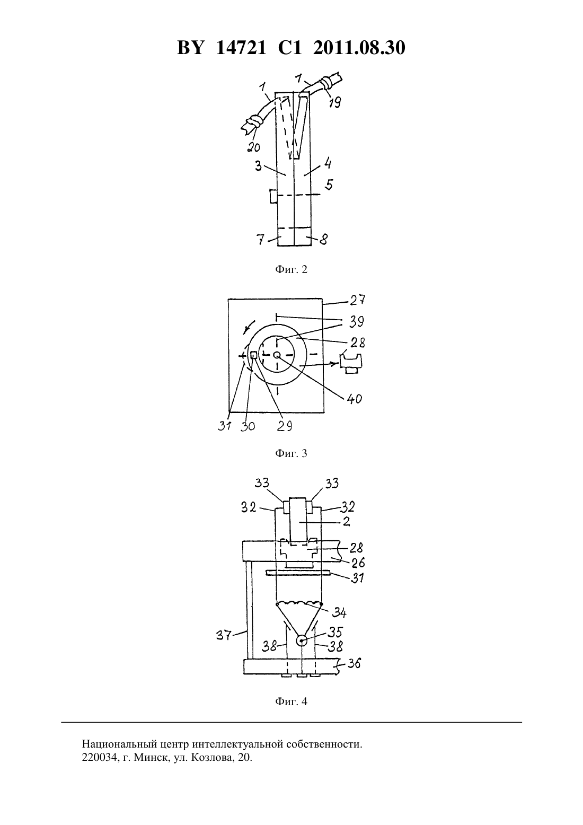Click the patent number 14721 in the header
click(241, 48)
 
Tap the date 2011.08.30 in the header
click(359, 48)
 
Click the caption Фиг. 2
click(291, 269)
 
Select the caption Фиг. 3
click(291, 453)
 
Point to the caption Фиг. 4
click(291, 701)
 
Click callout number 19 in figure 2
click(334, 102)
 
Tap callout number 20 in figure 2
click(253, 147)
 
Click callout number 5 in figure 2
click(329, 185)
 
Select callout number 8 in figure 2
click(323, 240)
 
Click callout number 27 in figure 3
click(357, 300)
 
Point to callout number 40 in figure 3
click(355, 399)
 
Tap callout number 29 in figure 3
click(285, 426)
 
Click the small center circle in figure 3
click(277, 355)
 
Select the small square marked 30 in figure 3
click(254, 355)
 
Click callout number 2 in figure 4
click(346, 522)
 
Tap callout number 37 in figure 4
click(224, 635)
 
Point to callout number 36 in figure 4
click(354, 663)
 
